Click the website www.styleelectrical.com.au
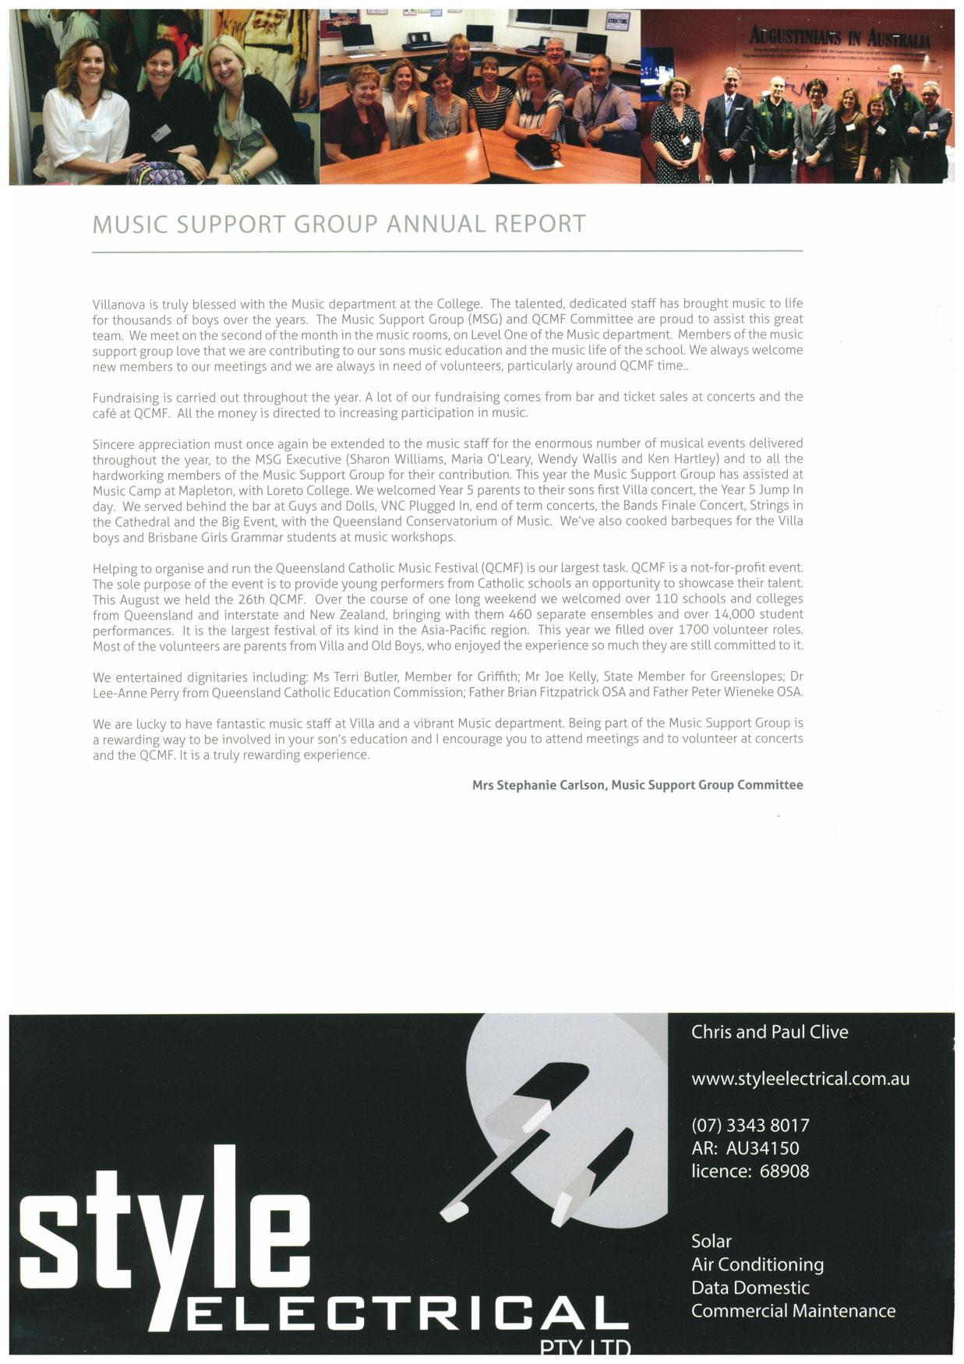click(800, 1079)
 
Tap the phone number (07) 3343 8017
click(750, 1125)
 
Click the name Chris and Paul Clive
click(769, 1032)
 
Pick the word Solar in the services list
click(711, 1241)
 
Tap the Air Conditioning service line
click(757, 1264)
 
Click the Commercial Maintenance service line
click(793, 1311)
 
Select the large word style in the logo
click(164, 1231)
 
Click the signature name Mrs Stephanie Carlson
click(538, 785)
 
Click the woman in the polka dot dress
click(676, 129)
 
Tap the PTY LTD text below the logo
click(584, 1346)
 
